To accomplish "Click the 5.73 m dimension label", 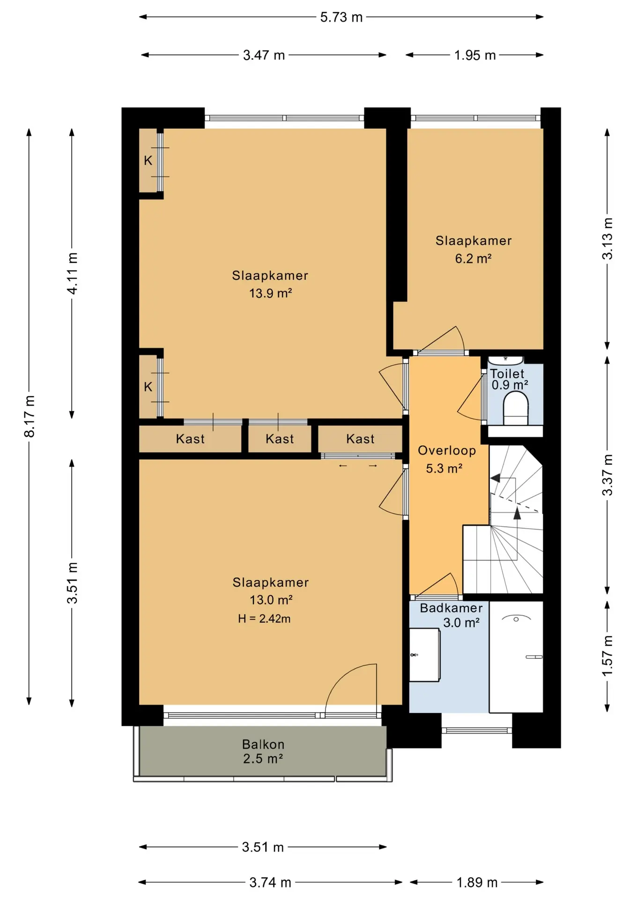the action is click(x=341, y=17).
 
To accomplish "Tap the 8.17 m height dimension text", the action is click(x=30, y=416).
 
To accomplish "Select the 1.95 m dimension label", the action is click(x=475, y=55).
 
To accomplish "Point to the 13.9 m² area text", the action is click(x=271, y=294).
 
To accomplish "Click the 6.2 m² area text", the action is click(x=473, y=258).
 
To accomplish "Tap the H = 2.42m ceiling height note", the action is click(x=264, y=619).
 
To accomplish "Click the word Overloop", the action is click(x=447, y=450).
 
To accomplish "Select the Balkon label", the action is click(x=263, y=744).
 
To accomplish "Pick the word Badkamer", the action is click(x=451, y=608).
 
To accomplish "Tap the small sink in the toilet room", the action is click(x=505, y=361).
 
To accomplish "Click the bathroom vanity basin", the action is click(x=424, y=655).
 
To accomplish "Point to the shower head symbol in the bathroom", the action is click(x=516, y=619).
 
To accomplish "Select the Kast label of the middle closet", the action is click(x=280, y=439).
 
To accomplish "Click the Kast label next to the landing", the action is click(x=360, y=439).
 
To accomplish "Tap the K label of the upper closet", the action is click(x=148, y=161).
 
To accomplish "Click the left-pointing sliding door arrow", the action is click(x=343, y=466).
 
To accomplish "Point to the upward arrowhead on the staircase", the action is click(x=517, y=513).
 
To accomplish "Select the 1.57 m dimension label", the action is click(x=607, y=656).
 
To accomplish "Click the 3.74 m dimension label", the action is click(x=270, y=883).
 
